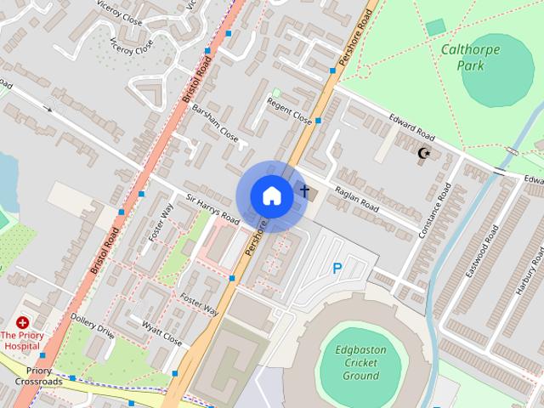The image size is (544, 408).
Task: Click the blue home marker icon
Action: [x=271, y=195]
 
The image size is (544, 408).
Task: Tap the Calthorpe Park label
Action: [x=470, y=56]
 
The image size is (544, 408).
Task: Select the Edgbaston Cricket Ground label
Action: [x=360, y=362]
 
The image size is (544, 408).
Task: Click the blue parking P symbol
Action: [x=337, y=269]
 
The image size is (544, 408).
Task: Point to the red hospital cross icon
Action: [x=22, y=323]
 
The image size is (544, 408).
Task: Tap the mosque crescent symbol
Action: [x=423, y=154]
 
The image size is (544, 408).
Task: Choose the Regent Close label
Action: [x=290, y=111]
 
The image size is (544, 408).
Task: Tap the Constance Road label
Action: [x=433, y=209]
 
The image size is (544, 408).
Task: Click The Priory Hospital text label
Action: [x=21, y=341]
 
